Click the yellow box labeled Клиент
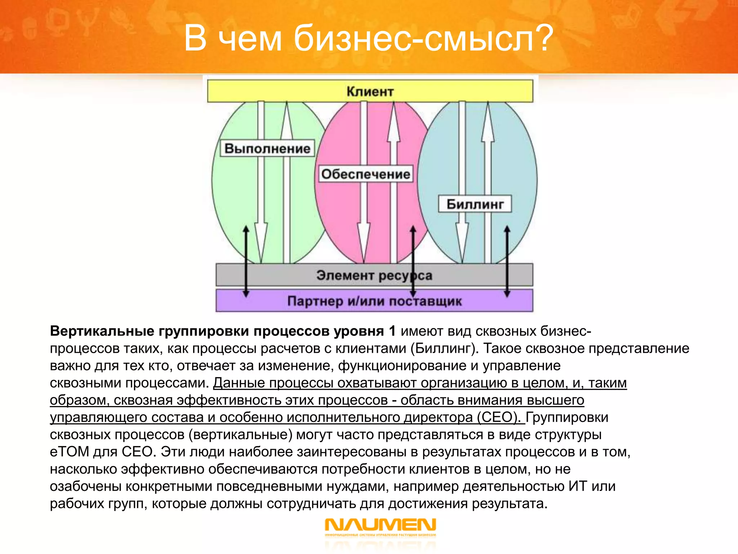pyautogui.click(x=370, y=91)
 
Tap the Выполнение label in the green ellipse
pyautogui.click(x=267, y=148)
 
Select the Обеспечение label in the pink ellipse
pyautogui.click(x=365, y=174)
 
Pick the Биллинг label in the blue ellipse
pyautogui.click(x=475, y=204)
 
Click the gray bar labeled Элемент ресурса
pyautogui.click(x=374, y=275)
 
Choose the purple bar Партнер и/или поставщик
pyautogui.click(x=374, y=301)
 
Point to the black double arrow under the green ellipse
pyautogui.click(x=246, y=261)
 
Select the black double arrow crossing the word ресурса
pyautogui.click(x=413, y=261)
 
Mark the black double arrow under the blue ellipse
pyautogui.click(x=507, y=261)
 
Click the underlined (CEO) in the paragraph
pyautogui.click(x=499, y=417)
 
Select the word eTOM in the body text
pyautogui.click(x=69, y=452)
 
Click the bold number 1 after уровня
pyautogui.click(x=392, y=331)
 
